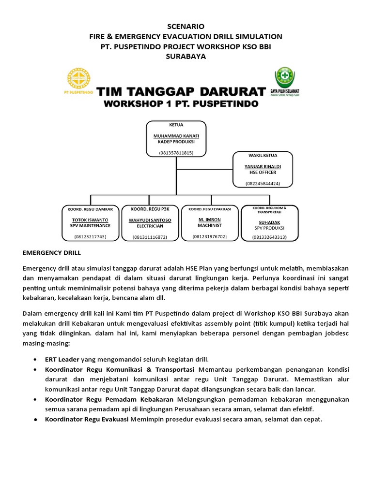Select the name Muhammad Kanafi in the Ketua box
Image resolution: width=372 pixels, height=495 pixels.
point(176,136)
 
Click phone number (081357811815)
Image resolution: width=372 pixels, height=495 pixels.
point(176,153)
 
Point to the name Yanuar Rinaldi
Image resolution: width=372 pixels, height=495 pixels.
point(263,166)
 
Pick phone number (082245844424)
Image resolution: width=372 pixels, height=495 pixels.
point(263,184)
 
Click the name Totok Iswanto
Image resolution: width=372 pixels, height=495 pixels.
point(90,219)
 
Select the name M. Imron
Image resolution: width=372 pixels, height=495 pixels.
point(210,219)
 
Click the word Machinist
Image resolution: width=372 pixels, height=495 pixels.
point(210,225)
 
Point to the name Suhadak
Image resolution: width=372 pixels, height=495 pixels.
point(269,222)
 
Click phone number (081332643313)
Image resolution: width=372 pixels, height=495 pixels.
point(269,237)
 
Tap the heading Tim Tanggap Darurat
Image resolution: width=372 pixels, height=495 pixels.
point(181,91)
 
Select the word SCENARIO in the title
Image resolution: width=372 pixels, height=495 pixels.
point(186,26)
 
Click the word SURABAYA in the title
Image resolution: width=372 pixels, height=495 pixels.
point(186,57)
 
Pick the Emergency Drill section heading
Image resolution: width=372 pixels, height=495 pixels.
point(51,252)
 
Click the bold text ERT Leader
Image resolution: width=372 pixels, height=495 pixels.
point(62,359)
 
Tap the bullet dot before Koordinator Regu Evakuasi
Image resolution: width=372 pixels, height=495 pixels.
point(36,419)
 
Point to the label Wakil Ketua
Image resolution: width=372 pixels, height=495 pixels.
point(263,156)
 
